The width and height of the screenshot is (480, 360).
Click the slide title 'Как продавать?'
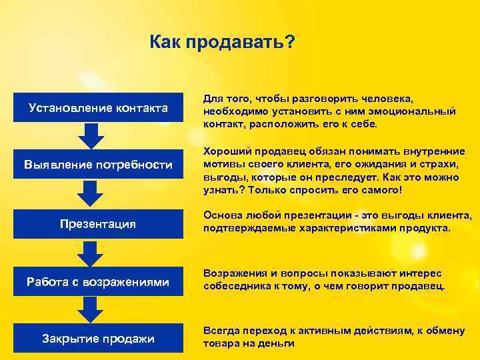point(223,43)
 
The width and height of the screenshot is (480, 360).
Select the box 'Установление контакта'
point(98,107)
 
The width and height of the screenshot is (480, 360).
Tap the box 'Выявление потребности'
point(98,165)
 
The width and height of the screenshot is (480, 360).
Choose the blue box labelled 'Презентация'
point(98,224)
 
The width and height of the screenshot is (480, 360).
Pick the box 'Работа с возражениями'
point(98,282)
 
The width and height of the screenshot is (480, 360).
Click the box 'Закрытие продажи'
point(98,339)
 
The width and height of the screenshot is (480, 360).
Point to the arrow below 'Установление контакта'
point(91,135)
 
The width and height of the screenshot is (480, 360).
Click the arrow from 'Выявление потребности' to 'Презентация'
point(91,194)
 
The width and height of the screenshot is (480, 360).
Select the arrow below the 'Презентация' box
point(91,253)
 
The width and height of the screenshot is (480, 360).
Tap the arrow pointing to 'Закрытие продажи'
point(91,310)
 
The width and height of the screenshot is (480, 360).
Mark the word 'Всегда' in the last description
point(221,331)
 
